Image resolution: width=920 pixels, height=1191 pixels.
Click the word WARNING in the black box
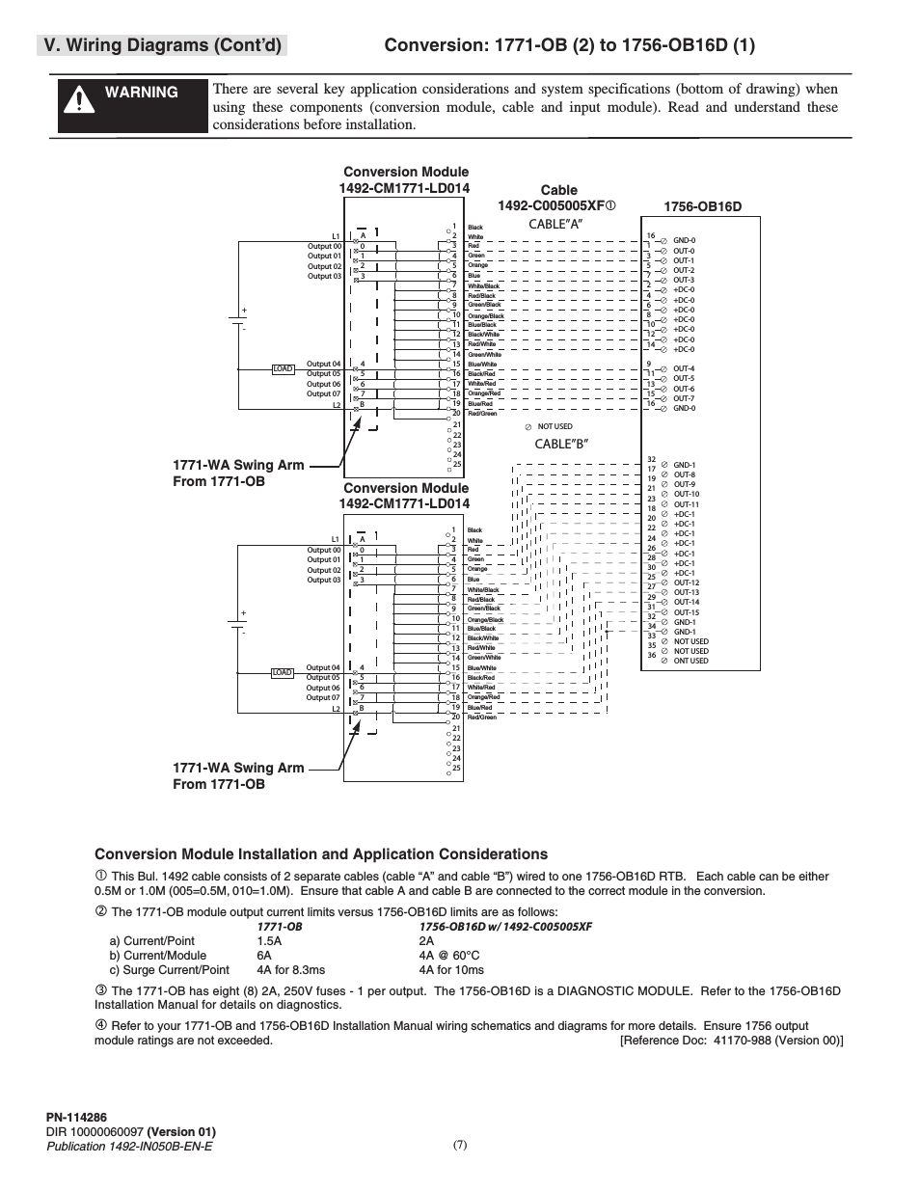[x=142, y=93]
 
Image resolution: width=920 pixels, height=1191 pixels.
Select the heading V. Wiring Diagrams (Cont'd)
[x=161, y=45]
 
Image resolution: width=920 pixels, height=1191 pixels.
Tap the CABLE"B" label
[x=561, y=445]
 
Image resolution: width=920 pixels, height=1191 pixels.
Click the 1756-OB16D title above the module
[x=703, y=206]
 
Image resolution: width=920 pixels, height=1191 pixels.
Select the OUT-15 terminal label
[x=686, y=612]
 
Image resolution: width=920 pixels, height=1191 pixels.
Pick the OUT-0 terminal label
[x=684, y=251]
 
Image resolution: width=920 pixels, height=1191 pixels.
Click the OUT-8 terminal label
[x=684, y=474]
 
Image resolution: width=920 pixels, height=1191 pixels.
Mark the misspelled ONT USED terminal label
[x=690, y=661]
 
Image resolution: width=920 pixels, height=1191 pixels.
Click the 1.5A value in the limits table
[x=269, y=941]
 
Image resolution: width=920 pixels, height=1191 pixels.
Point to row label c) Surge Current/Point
[x=170, y=970]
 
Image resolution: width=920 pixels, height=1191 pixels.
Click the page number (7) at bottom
[x=459, y=1145]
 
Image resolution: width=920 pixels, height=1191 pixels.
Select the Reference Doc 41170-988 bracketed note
[x=731, y=1041]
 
